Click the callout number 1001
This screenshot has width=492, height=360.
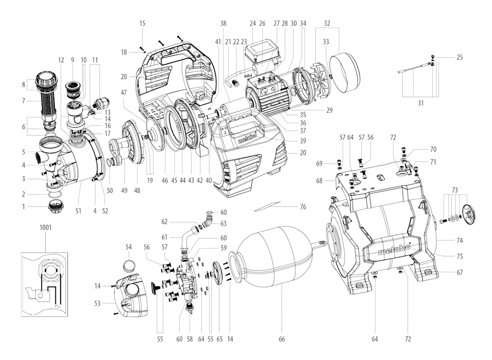[46, 227]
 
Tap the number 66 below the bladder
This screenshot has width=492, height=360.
[282, 339]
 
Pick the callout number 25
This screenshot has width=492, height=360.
[460, 58]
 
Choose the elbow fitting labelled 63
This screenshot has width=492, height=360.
[208, 221]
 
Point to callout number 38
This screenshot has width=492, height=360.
[223, 23]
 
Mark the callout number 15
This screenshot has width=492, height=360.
[142, 23]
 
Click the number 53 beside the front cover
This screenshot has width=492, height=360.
[98, 303]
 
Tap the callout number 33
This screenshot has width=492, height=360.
[326, 42]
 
